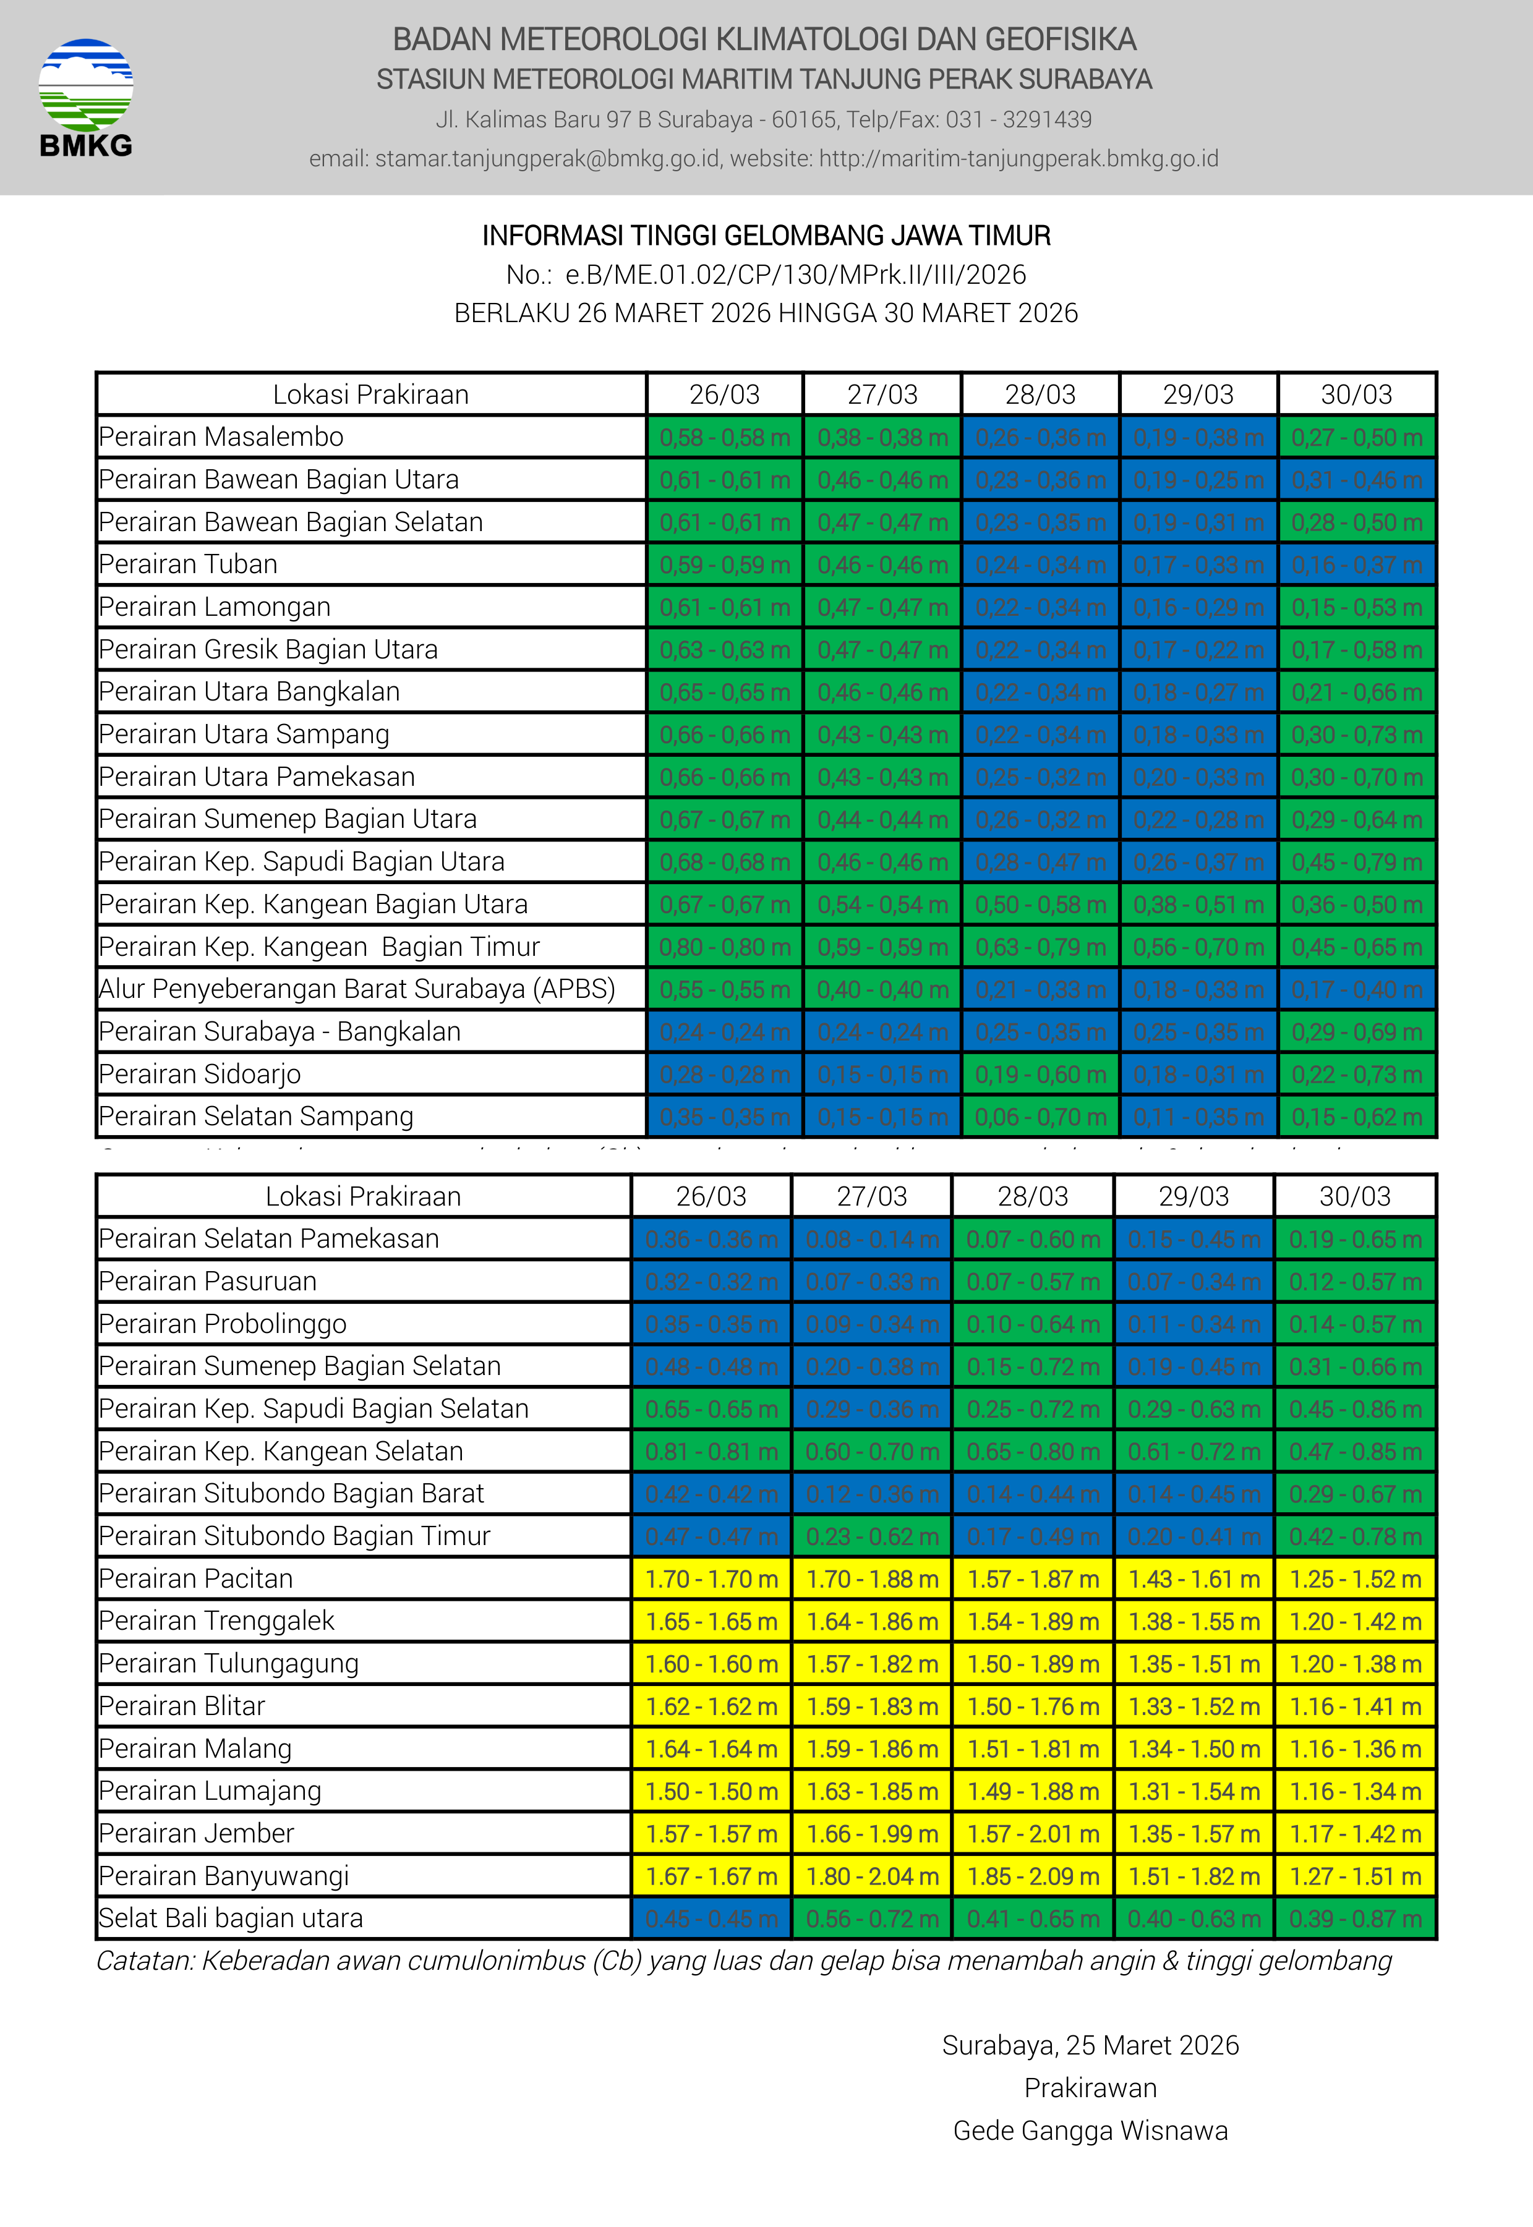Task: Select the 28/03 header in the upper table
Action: tap(1040, 394)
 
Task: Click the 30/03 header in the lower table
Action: tap(1354, 1196)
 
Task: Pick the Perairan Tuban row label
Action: tap(188, 564)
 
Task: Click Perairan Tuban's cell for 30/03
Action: tap(1356, 564)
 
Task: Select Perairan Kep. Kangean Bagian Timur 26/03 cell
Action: tap(724, 947)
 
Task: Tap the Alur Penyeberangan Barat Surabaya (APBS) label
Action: tap(356, 989)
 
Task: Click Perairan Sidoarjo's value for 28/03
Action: tap(1040, 1075)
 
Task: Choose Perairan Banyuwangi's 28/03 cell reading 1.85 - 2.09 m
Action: tap(1033, 1876)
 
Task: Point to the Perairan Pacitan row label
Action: tap(196, 1579)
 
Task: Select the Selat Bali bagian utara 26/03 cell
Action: tap(711, 1918)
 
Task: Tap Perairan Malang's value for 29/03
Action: tap(1194, 1748)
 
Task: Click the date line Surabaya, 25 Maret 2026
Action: tap(1090, 2045)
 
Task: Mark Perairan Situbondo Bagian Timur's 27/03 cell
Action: tap(871, 1536)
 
